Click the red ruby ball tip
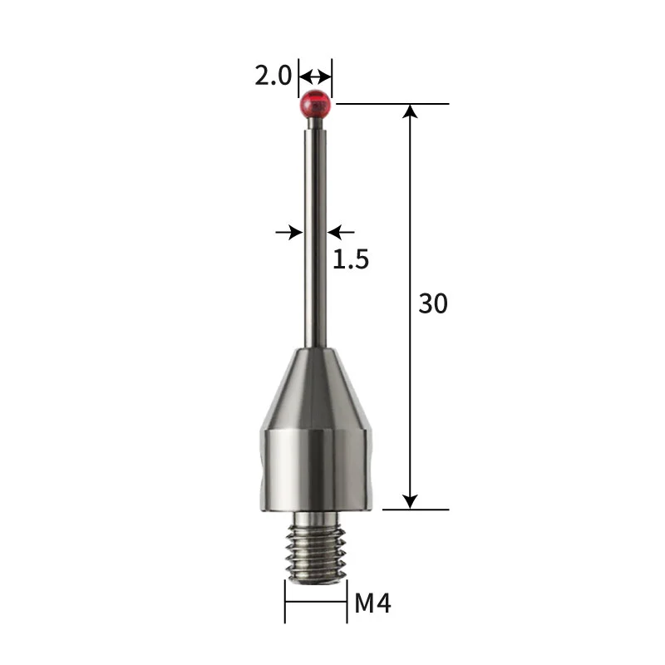pyautogui.click(x=316, y=105)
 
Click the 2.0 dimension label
pyautogui.click(x=273, y=77)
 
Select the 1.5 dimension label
pyautogui.click(x=350, y=259)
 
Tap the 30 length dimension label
pyautogui.click(x=432, y=304)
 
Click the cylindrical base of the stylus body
pyautogui.click(x=316, y=470)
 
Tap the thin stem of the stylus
pyautogui.click(x=316, y=233)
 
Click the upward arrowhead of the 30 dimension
pyautogui.click(x=410, y=113)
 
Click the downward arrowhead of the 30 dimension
pyautogui.click(x=410, y=500)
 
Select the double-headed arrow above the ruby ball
pyautogui.click(x=315, y=77)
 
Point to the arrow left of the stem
pyautogui.click(x=289, y=232)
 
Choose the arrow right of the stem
pyautogui.click(x=342, y=232)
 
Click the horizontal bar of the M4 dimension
pyautogui.click(x=316, y=603)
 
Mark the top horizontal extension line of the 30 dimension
pyautogui.click(x=391, y=104)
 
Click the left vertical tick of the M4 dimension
pyautogui.click(x=285, y=602)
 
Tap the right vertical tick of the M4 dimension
pyautogui.click(x=347, y=602)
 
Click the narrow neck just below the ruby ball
pyautogui.click(x=316, y=123)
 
